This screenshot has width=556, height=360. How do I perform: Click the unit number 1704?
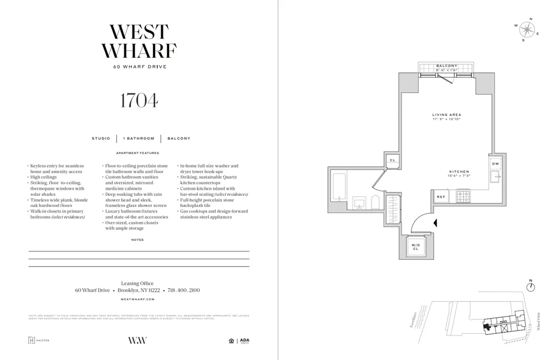point(138,100)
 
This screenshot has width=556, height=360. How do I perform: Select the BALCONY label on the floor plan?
point(446,66)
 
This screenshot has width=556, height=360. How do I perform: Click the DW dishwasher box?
point(495,164)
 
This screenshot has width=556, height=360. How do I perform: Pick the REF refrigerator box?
point(441,196)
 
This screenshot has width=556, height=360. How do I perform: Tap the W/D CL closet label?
point(415,246)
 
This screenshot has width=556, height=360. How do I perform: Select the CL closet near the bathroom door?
point(392,160)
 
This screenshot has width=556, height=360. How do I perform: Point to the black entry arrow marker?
point(436,223)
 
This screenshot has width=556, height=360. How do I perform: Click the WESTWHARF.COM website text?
point(138,299)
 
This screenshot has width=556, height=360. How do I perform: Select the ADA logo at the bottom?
point(244,341)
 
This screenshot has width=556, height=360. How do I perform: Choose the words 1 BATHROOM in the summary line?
point(138,139)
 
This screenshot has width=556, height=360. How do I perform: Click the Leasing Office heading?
point(137,283)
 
